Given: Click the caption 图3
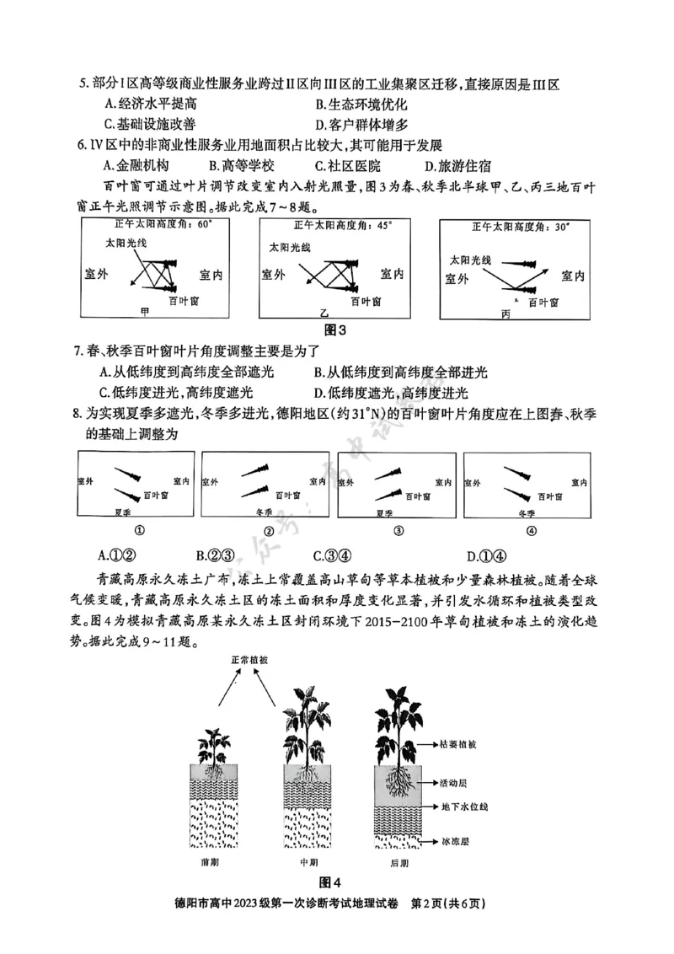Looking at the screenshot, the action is (336, 329).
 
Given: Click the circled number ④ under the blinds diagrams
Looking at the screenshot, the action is (531, 531).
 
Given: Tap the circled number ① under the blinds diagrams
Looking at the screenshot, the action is (137, 531).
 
